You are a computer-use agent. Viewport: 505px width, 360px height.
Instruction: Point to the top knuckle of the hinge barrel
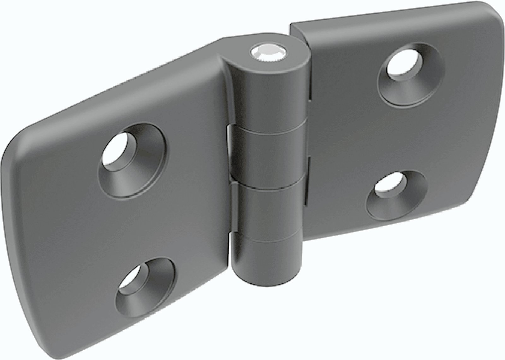pyautogui.click(x=268, y=95)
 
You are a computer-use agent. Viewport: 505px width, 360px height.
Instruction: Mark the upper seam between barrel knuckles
pyautogui.click(x=268, y=126)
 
